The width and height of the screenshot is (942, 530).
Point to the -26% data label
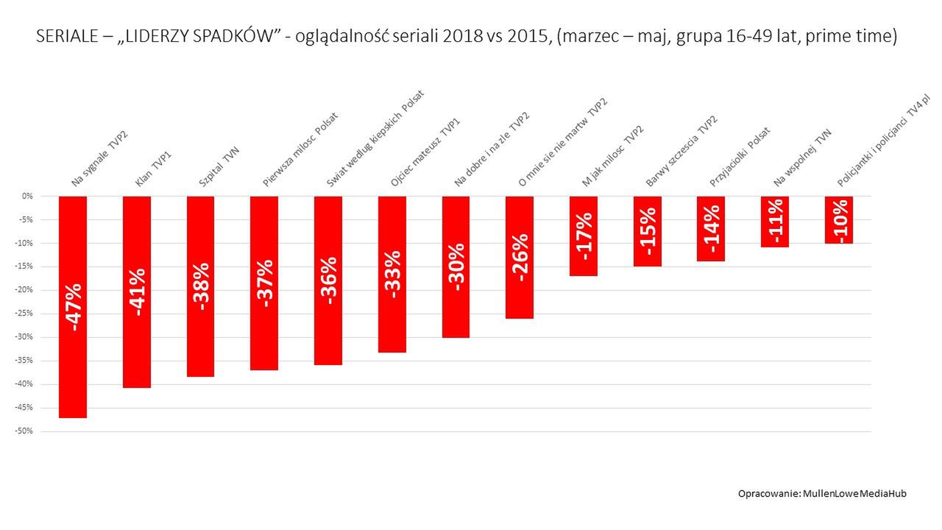point(520,258)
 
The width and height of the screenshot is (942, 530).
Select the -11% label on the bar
point(775,222)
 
